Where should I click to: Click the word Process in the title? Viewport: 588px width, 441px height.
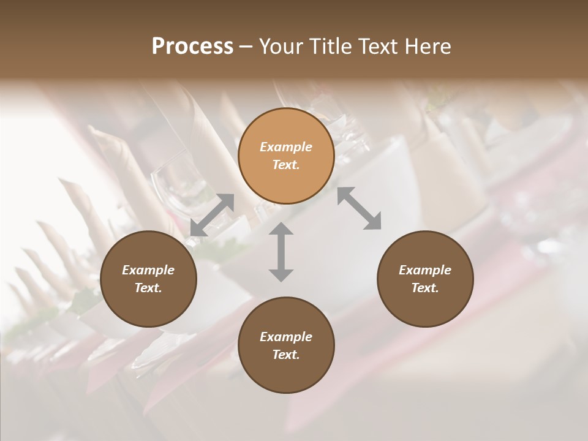tap(192, 47)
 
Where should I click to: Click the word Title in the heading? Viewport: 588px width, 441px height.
tap(331, 47)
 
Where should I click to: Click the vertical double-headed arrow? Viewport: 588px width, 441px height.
tap(281, 252)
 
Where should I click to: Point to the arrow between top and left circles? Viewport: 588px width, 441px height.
tap(212, 215)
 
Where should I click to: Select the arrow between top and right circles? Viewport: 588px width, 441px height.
tap(360, 208)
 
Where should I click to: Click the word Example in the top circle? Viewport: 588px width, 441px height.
tap(286, 147)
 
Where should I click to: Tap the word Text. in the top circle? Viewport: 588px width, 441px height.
tap(286, 165)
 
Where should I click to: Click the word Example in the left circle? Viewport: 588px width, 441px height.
tap(148, 270)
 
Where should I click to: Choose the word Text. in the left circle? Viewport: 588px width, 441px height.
tap(148, 288)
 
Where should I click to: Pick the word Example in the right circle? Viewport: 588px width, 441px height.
tap(425, 270)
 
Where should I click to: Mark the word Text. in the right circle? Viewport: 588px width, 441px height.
tap(425, 288)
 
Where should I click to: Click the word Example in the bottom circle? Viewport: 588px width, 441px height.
tap(286, 337)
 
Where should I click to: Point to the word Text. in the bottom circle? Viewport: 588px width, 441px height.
tap(286, 355)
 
